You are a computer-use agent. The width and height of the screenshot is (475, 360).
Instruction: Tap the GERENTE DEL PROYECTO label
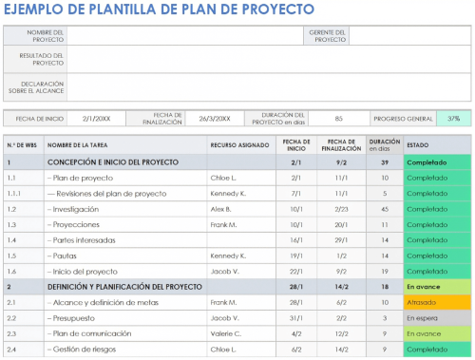click(327, 36)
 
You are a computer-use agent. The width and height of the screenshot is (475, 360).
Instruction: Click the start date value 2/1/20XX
click(96, 119)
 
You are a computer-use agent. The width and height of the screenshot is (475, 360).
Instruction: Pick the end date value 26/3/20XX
click(214, 119)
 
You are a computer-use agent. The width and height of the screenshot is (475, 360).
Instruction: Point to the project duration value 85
click(339, 119)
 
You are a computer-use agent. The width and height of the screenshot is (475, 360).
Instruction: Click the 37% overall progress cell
click(453, 119)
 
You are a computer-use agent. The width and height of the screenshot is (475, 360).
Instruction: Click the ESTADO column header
click(417, 145)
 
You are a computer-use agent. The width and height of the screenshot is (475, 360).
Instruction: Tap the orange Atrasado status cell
click(436, 302)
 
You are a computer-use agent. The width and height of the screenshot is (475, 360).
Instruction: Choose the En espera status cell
click(436, 317)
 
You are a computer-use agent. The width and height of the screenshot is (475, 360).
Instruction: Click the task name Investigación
click(76, 208)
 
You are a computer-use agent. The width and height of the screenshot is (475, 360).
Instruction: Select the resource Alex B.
click(221, 208)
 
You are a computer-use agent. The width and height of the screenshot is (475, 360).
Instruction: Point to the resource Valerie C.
click(225, 333)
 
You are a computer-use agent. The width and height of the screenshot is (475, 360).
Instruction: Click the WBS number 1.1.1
click(13, 193)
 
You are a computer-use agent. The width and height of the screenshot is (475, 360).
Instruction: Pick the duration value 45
click(385, 208)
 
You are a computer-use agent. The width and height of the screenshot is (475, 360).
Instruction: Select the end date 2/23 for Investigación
click(341, 208)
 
